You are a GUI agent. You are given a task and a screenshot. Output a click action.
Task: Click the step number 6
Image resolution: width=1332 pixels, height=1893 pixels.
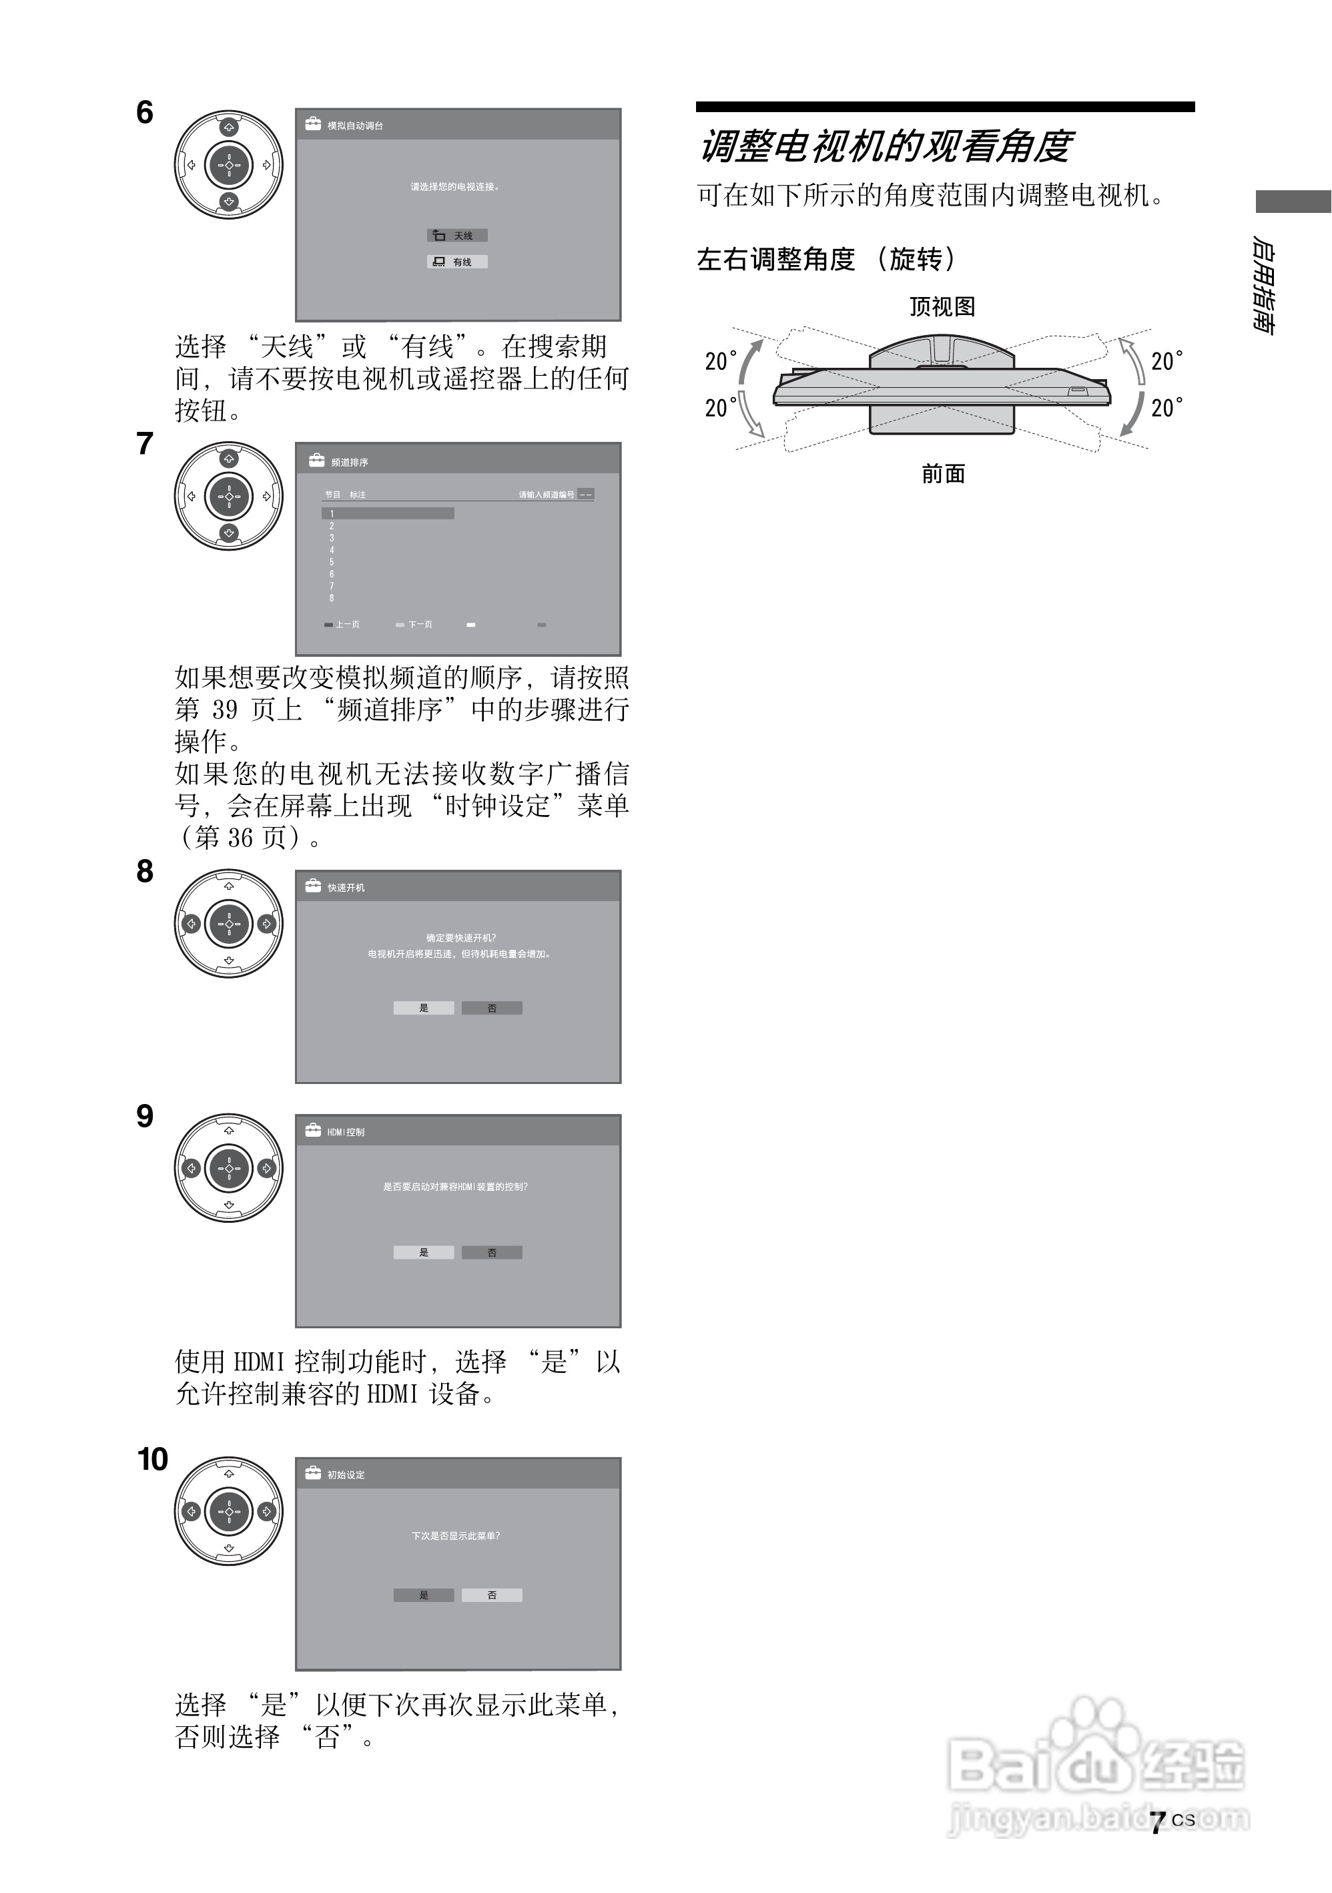(145, 112)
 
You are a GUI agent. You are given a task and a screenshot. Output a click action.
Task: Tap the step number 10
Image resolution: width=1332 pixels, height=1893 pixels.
(153, 1458)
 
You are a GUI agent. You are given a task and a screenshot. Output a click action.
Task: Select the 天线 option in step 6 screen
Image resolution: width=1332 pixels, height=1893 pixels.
(458, 236)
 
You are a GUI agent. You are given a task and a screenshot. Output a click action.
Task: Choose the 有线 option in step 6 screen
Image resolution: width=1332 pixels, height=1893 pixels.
(458, 262)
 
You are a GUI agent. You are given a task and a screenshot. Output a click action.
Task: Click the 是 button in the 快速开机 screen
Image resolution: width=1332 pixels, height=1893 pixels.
(424, 1007)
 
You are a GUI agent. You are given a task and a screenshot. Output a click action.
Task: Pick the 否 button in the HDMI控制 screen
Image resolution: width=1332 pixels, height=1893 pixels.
(492, 1252)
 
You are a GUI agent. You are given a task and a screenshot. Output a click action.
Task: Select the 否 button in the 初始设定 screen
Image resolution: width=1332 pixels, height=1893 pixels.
(492, 1595)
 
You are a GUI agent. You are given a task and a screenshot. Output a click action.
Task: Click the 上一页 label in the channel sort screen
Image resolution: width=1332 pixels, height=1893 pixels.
(347, 625)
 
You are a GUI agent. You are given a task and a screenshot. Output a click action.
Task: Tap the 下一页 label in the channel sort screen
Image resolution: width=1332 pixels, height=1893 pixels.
(420, 625)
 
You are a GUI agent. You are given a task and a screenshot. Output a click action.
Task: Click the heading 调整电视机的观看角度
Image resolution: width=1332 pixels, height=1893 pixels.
(886, 147)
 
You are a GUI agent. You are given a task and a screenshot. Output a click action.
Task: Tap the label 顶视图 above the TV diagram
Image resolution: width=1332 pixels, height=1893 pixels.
(942, 306)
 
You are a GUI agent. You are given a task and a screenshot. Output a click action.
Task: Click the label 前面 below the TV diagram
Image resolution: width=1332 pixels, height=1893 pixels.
(943, 474)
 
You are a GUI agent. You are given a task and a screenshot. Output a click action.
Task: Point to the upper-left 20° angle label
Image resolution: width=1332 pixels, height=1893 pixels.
(721, 361)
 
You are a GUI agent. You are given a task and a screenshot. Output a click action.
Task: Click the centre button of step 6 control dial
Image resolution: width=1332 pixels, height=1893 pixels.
(228, 165)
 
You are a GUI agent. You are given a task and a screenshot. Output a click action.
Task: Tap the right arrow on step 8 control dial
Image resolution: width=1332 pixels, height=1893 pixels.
(266, 924)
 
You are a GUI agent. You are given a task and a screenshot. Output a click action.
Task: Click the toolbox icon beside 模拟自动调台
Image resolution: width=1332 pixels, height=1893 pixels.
(313, 125)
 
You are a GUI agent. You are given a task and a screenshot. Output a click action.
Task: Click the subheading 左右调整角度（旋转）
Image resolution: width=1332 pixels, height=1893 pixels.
(826, 260)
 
